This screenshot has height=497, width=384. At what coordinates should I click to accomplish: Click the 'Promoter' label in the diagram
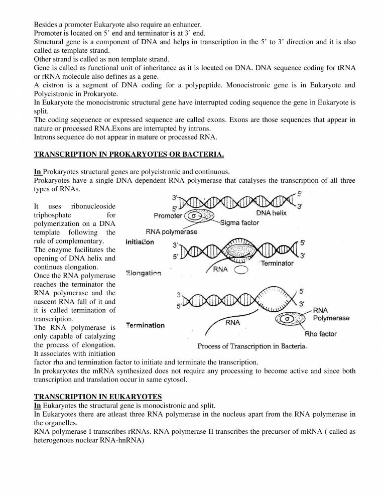(x=168, y=216)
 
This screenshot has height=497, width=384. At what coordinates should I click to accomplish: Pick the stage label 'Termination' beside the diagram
(x=146, y=325)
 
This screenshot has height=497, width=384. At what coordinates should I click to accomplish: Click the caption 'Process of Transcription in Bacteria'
(x=252, y=346)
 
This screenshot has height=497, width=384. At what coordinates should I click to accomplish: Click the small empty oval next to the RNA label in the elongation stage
(x=241, y=270)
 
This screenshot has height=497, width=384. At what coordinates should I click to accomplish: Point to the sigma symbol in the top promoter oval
(x=195, y=216)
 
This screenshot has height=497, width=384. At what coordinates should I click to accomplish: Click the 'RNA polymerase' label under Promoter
(x=172, y=232)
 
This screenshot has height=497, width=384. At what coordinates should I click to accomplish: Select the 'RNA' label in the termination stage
(x=232, y=323)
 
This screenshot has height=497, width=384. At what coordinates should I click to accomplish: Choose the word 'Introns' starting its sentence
(x=45, y=137)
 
